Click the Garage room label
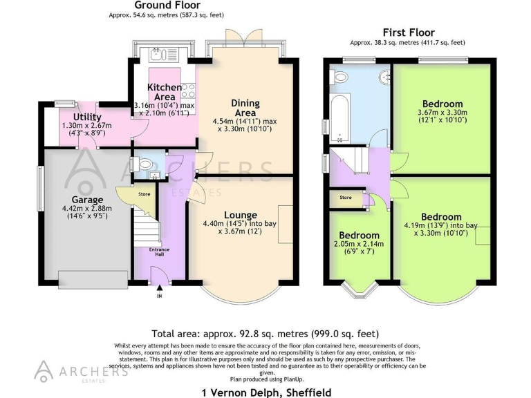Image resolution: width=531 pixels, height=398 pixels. click(68, 200)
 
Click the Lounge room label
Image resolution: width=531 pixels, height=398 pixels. click(240, 215)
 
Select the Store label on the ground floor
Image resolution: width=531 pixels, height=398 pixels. click(144, 194)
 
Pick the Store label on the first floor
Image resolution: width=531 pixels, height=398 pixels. click(345, 198)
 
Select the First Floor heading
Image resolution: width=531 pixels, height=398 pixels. click(408, 32)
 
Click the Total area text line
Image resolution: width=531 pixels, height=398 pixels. click(265, 333)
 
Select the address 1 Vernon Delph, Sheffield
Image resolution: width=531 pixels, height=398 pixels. click(265, 392)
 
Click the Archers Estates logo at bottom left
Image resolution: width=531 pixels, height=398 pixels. click(82, 370)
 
